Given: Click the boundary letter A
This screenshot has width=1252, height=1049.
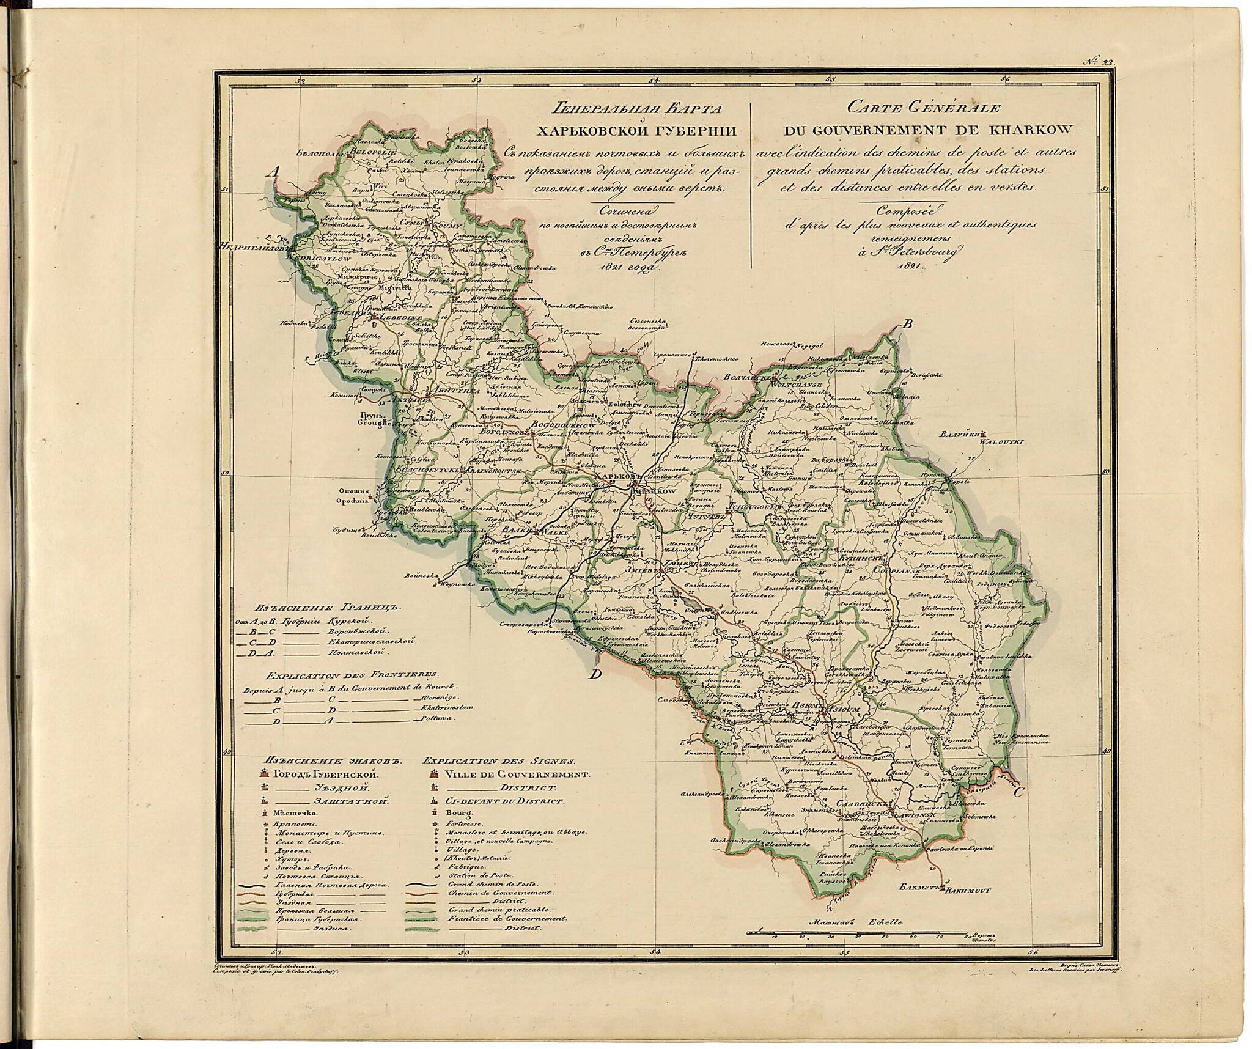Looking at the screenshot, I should coord(273,173).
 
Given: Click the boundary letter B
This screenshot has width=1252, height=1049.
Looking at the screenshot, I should coord(908,325).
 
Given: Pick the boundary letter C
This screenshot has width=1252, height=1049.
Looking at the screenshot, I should coord(1018,811).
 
